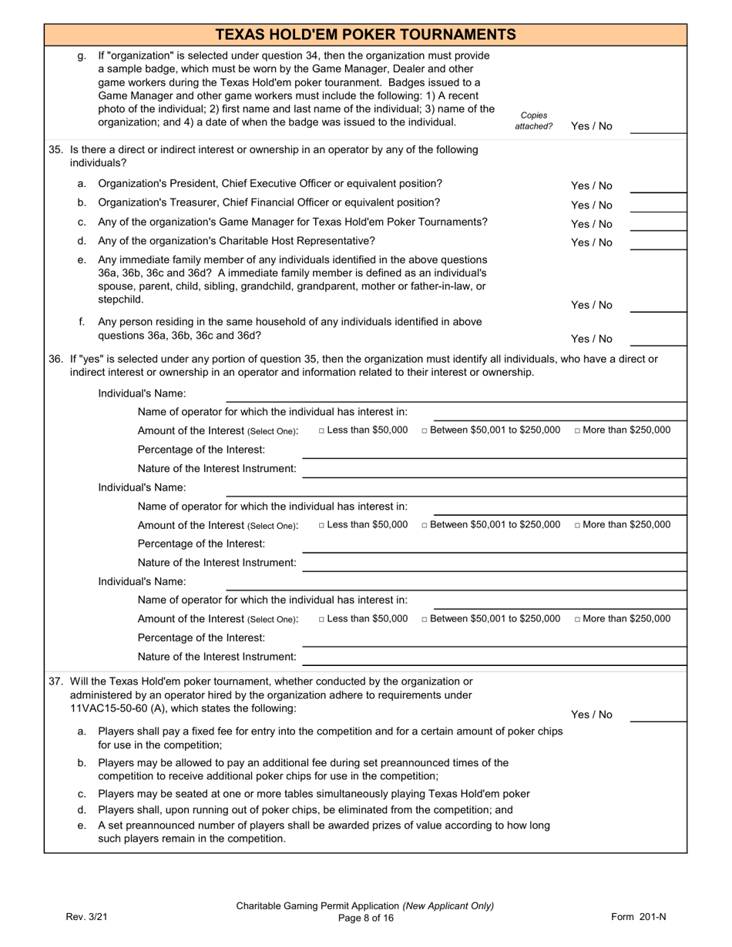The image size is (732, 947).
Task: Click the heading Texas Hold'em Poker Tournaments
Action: (x=365, y=35)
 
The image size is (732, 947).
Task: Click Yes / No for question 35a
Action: (x=591, y=186)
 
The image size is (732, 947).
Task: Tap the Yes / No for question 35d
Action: (x=591, y=243)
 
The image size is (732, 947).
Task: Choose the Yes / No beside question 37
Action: (x=591, y=714)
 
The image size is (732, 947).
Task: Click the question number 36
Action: (x=55, y=359)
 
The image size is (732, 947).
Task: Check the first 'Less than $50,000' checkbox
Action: (x=322, y=430)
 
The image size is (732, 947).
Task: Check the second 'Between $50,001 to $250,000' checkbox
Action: (x=425, y=525)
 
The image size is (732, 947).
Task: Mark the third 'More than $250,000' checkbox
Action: (x=578, y=619)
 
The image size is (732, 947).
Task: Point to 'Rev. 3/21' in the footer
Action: (x=86, y=917)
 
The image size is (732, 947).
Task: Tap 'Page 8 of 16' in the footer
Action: (x=365, y=918)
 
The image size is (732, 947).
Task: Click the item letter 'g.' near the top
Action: (x=82, y=56)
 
